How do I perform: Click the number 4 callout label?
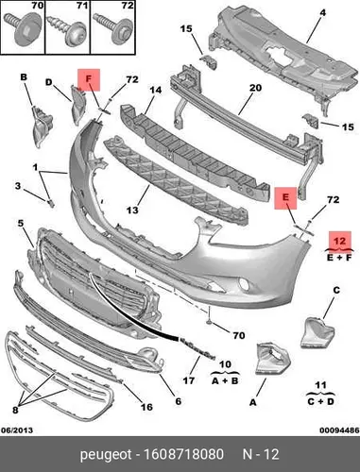(322, 13)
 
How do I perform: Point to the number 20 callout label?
(255, 88)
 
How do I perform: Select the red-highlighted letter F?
(89, 79)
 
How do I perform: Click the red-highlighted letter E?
(285, 198)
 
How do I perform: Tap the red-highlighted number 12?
(340, 241)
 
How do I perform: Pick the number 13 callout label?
(132, 210)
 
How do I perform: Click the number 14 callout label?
(155, 90)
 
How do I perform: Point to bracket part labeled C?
(317, 333)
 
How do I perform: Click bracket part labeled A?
(273, 360)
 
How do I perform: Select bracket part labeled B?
(41, 126)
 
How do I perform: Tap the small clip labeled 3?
(51, 203)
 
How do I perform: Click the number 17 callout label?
(189, 380)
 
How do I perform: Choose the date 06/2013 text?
(17, 430)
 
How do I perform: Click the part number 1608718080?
(183, 454)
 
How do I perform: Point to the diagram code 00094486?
(339, 430)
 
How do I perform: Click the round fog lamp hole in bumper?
(244, 284)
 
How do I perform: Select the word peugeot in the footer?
(106, 455)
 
